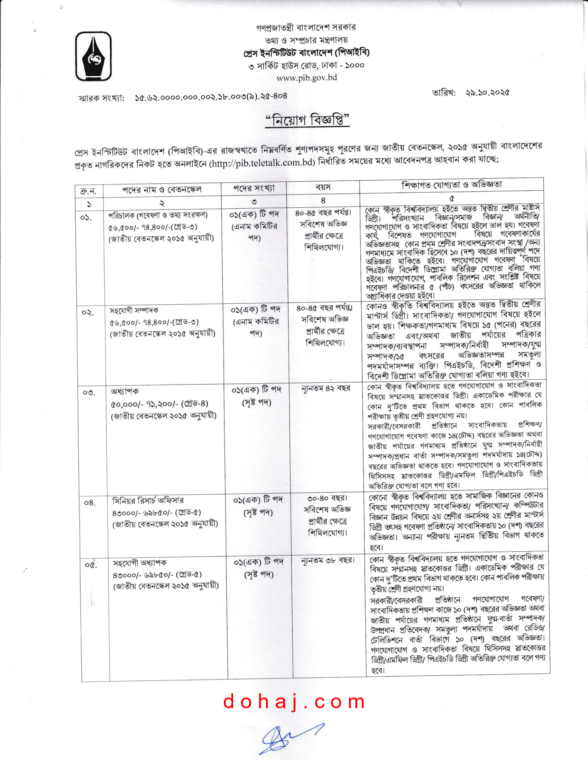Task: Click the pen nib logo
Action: point(93,56)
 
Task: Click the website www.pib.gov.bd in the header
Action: point(306,78)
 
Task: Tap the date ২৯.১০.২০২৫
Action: point(487,93)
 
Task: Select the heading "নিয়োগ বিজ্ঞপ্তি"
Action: point(307,121)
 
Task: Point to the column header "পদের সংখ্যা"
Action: point(254,188)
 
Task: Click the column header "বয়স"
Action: point(323,187)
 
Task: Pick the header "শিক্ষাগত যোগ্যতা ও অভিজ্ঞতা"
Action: point(451,185)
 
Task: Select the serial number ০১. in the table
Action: point(86,218)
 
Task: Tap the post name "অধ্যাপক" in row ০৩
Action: point(125,391)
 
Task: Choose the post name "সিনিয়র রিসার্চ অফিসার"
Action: point(148,501)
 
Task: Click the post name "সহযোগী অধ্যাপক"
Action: point(140,563)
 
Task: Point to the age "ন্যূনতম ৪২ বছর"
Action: point(326,388)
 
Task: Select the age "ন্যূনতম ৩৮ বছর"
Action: point(328,561)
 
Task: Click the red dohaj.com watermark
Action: point(294,702)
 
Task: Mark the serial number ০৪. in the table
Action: point(89,503)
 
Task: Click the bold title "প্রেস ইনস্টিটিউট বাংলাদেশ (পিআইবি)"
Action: point(306,53)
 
